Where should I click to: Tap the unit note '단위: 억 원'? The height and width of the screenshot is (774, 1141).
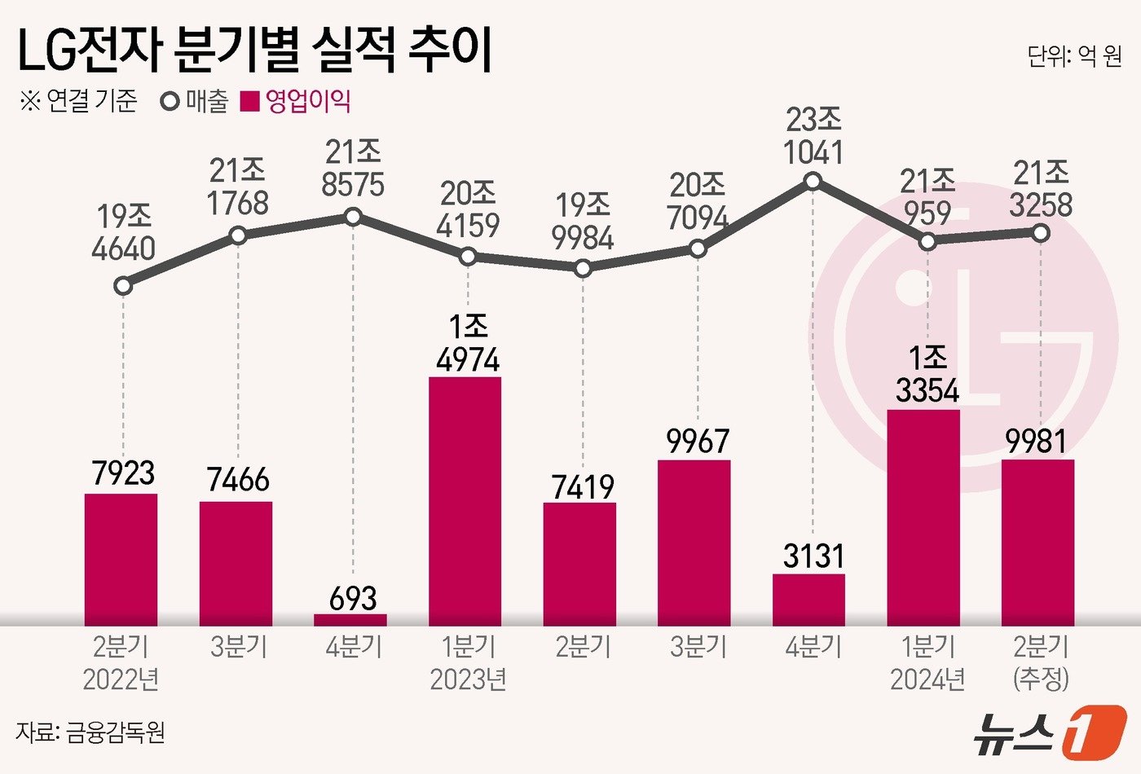pyautogui.click(x=1074, y=56)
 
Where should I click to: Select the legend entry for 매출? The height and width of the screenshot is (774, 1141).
pyautogui.click(x=196, y=102)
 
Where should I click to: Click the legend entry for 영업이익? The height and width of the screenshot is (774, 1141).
pyautogui.click(x=297, y=102)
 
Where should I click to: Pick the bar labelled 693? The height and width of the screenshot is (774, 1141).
pyautogui.click(x=350, y=619)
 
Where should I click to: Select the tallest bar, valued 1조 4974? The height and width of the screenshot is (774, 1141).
pyautogui.click(x=465, y=500)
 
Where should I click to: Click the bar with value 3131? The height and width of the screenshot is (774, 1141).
pyautogui.click(x=808, y=600)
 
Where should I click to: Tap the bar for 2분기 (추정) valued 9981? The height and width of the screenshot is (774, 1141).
pyautogui.click(x=1037, y=542)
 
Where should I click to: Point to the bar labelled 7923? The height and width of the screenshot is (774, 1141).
pyautogui.click(x=121, y=559)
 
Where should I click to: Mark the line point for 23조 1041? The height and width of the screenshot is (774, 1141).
pyautogui.click(x=813, y=182)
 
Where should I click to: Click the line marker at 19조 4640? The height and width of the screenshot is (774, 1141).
pyautogui.click(x=123, y=286)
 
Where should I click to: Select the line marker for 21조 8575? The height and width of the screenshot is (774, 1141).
pyautogui.click(x=353, y=217)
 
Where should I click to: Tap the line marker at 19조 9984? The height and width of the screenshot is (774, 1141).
pyautogui.click(x=582, y=268)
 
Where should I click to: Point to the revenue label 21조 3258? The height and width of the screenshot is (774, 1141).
pyautogui.click(x=1041, y=189)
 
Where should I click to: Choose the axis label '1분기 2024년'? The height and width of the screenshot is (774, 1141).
pyautogui.click(x=927, y=662)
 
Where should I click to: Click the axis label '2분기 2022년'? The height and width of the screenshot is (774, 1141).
pyautogui.click(x=121, y=662)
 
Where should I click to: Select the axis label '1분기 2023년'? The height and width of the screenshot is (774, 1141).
pyautogui.click(x=468, y=662)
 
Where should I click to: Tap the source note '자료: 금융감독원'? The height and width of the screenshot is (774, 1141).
pyautogui.click(x=90, y=732)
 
